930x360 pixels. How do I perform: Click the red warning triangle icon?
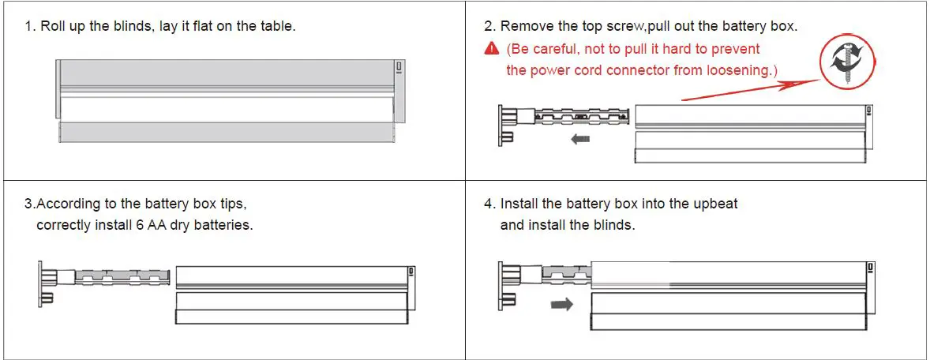(x=491, y=49)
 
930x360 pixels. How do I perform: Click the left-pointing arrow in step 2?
(x=580, y=139)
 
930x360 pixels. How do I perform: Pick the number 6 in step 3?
(x=151, y=224)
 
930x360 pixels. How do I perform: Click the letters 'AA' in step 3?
(x=167, y=224)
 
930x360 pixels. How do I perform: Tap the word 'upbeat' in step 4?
(x=714, y=204)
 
